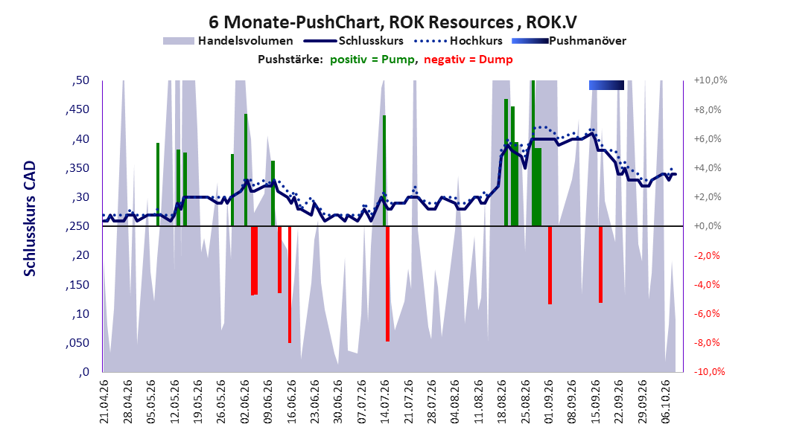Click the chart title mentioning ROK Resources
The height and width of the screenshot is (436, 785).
point(392,22)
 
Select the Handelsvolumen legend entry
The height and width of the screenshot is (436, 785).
point(228,41)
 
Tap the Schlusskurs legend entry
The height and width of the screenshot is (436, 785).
point(354,41)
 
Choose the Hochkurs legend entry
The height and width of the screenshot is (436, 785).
point(458,41)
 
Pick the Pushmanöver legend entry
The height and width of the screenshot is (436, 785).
point(569,41)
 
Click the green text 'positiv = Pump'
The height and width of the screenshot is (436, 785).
point(372,60)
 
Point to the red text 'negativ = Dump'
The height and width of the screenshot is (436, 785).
point(468,60)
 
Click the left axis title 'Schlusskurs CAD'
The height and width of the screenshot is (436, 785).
point(30,219)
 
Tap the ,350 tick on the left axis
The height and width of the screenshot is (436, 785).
point(77,168)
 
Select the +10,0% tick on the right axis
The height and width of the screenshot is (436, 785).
point(711,80)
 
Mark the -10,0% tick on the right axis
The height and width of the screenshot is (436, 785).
point(709,371)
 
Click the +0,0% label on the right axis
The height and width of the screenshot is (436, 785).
point(708,226)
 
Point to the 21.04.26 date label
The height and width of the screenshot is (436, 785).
point(104,402)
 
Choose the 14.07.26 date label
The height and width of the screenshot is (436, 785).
point(384,402)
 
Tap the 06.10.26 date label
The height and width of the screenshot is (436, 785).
point(665,402)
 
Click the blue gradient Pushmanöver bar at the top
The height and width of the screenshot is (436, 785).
point(606,85)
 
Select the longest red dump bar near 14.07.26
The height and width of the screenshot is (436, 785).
point(387,283)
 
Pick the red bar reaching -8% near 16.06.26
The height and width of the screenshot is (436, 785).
point(290,284)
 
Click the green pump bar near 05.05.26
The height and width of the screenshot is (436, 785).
point(158,185)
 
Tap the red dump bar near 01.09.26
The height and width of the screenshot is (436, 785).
point(550,265)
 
